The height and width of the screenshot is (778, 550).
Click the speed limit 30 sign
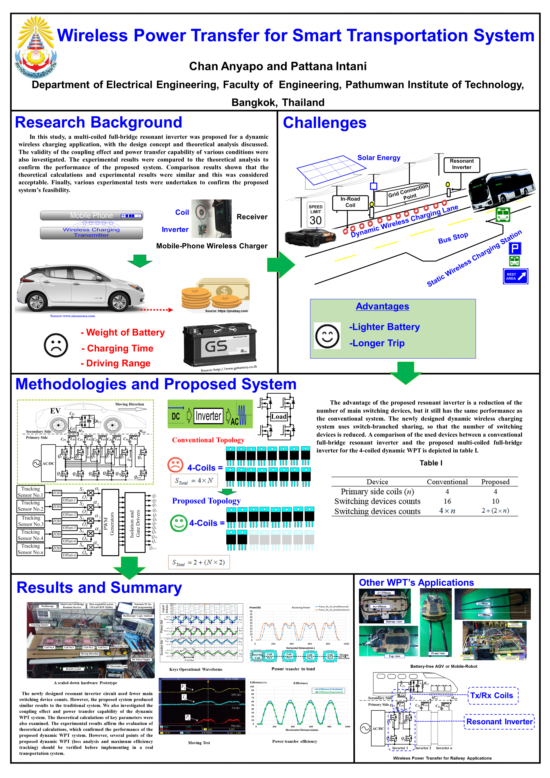click(316, 215)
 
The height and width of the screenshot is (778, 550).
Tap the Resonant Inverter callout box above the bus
click(461, 164)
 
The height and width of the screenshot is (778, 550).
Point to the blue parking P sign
click(514, 248)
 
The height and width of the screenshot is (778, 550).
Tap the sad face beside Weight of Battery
click(56, 345)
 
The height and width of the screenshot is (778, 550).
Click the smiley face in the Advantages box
click(327, 336)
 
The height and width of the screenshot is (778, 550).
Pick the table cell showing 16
click(447, 502)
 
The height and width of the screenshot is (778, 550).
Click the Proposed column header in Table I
click(495, 482)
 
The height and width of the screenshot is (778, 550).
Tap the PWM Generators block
click(110, 522)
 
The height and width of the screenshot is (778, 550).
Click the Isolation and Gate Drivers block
click(135, 522)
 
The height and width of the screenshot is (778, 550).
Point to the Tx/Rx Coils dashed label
click(493, 696)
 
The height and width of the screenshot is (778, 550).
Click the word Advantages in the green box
click(382, 306)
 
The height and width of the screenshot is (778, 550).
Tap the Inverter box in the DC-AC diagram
click(208, 416)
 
